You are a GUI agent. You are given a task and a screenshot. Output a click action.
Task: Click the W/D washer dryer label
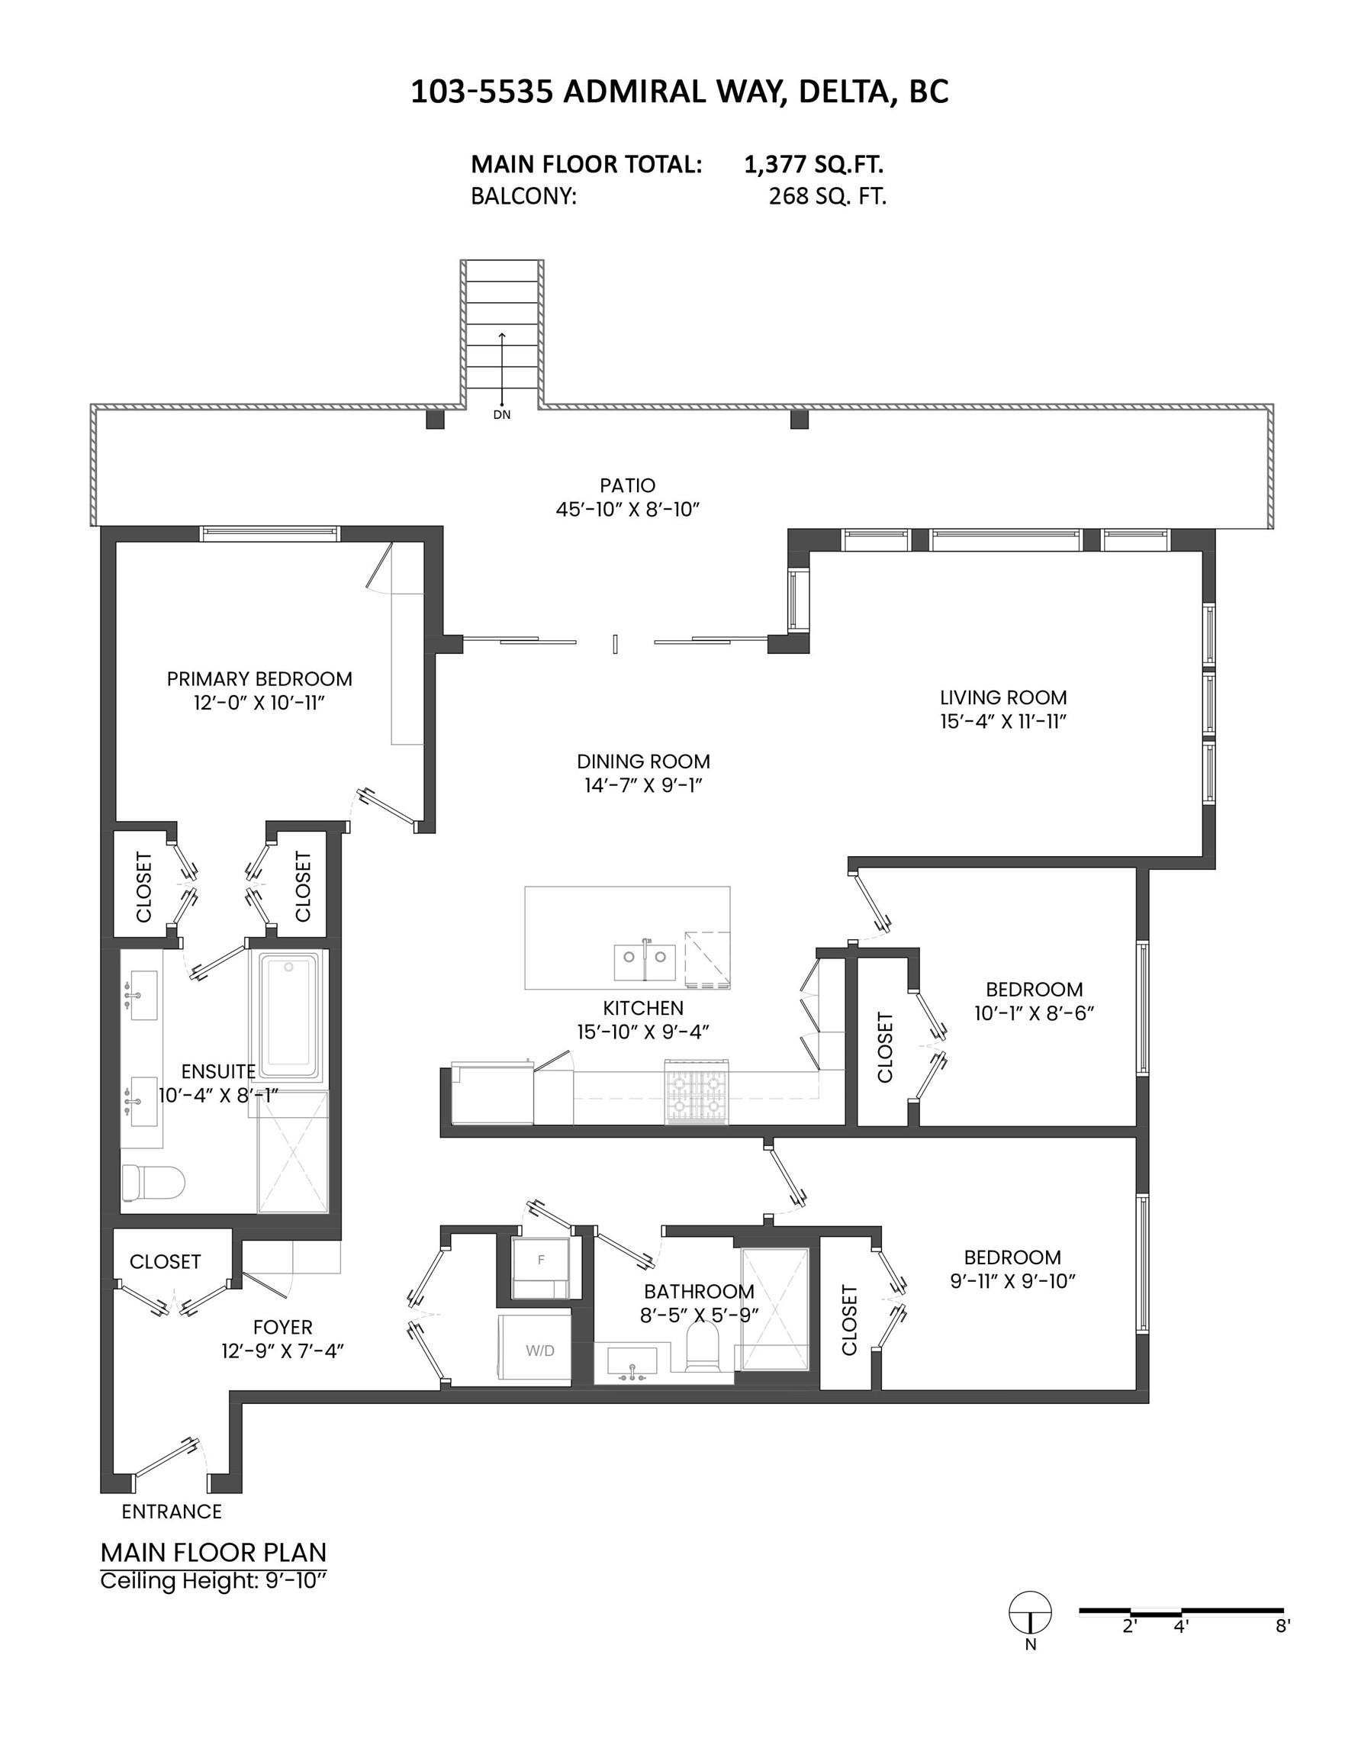click(540, 1351)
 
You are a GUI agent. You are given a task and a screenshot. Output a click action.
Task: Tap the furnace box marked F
click(541, 1260)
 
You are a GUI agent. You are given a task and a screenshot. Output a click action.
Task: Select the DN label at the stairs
click(501, 415)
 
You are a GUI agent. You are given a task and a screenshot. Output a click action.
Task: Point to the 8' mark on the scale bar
click(1283, 1626)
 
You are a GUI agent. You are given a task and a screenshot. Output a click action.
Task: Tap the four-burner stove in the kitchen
click(697, 1092)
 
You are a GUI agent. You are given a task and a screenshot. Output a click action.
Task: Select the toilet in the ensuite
click(151, 1183)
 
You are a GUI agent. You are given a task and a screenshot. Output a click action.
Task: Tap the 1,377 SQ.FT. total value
click(814, 164)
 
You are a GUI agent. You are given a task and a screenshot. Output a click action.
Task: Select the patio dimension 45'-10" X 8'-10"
click(627, 510)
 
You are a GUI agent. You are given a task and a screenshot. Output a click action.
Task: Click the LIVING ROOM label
click(1003, 697)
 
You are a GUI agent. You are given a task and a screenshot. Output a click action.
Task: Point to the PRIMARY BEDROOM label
click(259, 678)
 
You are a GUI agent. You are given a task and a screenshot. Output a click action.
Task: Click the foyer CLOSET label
click(165, 1261)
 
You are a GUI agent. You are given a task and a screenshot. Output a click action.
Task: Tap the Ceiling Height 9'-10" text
click(213, 1581)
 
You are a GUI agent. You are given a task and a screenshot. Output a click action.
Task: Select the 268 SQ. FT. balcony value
click(827, 196)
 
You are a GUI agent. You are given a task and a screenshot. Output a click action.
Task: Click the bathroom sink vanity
click(632, 1364)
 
